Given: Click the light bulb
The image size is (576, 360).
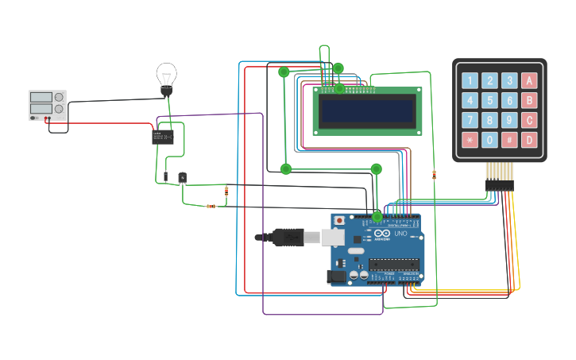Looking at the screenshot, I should click(x=166, y=78).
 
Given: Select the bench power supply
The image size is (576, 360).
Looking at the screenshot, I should click(x=48, y=105).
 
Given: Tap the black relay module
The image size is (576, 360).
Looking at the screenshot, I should click(x=163, y=137).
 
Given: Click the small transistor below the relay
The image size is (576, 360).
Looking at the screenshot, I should click(x=182, y=178).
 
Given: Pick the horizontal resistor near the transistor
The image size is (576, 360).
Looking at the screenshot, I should click(x=211, y=206).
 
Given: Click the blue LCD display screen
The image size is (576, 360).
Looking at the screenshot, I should click(x=368, y=112).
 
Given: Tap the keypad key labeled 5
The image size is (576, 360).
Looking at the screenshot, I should click(x=489, y=100).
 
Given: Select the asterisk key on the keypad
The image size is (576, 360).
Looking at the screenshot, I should click(x=470, y=140).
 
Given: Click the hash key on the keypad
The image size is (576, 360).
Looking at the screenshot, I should click(x=509, y=140).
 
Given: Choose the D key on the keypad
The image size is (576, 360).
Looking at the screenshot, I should click(x=529, y=140).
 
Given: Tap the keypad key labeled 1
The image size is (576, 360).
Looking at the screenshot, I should click(x=470, y=80).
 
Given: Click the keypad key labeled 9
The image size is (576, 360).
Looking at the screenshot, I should click(x=509, y=120).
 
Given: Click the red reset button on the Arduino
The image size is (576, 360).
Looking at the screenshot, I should click(x=340, y=220).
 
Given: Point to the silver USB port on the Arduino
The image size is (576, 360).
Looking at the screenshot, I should click(x=332, y=237).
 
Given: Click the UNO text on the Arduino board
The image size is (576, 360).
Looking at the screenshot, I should click(x=400, y=234).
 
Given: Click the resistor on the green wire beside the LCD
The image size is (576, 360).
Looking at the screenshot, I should click(x=434, y=174).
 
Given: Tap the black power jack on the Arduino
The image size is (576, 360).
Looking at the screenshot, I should click(x=336, y=277).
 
